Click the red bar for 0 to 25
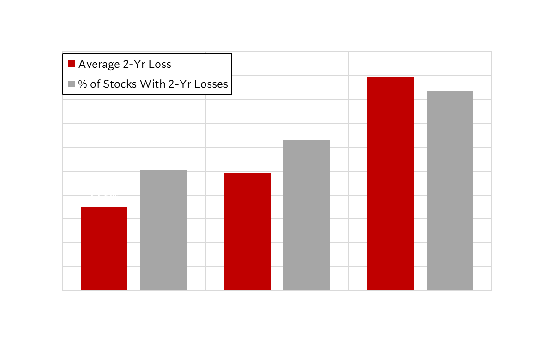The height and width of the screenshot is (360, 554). pyautogui.click(x=104, y=249)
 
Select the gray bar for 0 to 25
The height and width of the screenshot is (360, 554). pyautogui.click(x=163, y=231)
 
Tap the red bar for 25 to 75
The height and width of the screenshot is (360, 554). pyautogui.click(x=247, y=232)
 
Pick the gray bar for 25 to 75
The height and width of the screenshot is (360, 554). pyautogui.click(x=307, y=216)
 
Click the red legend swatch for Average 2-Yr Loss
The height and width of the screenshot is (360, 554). pyautogui.click(x=72, y=64)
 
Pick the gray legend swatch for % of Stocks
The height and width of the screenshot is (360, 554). pyautogui.click(x=72, y=84)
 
